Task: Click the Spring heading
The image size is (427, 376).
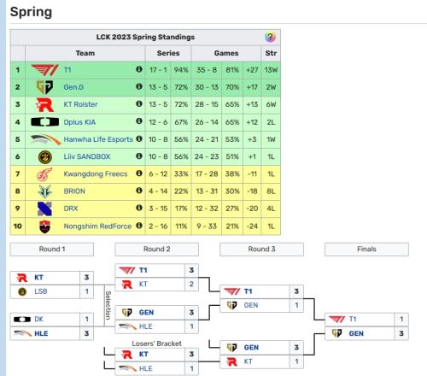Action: click(31, 12)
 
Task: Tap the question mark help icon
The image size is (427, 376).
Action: click(270, 37)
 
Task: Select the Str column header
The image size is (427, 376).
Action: click(271, 53)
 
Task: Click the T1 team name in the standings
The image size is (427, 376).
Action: click(67, 70)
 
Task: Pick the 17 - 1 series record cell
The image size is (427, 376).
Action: click(158, 70)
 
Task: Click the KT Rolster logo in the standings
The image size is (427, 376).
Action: click(45, 105)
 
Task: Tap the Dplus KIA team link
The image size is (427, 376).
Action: click(79, 122)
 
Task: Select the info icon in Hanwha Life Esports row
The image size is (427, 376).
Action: click(139, 138)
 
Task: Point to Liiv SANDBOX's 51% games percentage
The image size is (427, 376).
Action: click(232, 156)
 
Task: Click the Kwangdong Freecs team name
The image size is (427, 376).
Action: click(96, 173)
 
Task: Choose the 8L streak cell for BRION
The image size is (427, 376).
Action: click(271, 191)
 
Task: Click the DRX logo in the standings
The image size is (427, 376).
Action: click(44, 209)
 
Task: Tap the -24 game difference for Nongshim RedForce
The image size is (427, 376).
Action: click(252, 226)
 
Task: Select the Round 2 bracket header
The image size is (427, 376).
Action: click(156, 250)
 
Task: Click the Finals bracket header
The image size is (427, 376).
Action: click(366, 250)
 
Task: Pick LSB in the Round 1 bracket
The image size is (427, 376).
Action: click(41, 291)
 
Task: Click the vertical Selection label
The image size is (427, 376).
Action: click(108, 305)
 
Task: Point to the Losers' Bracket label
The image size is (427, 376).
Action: click(156, 344)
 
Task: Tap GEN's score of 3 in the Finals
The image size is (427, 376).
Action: click(401, 333)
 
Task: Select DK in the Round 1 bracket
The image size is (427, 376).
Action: click(38, 319)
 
